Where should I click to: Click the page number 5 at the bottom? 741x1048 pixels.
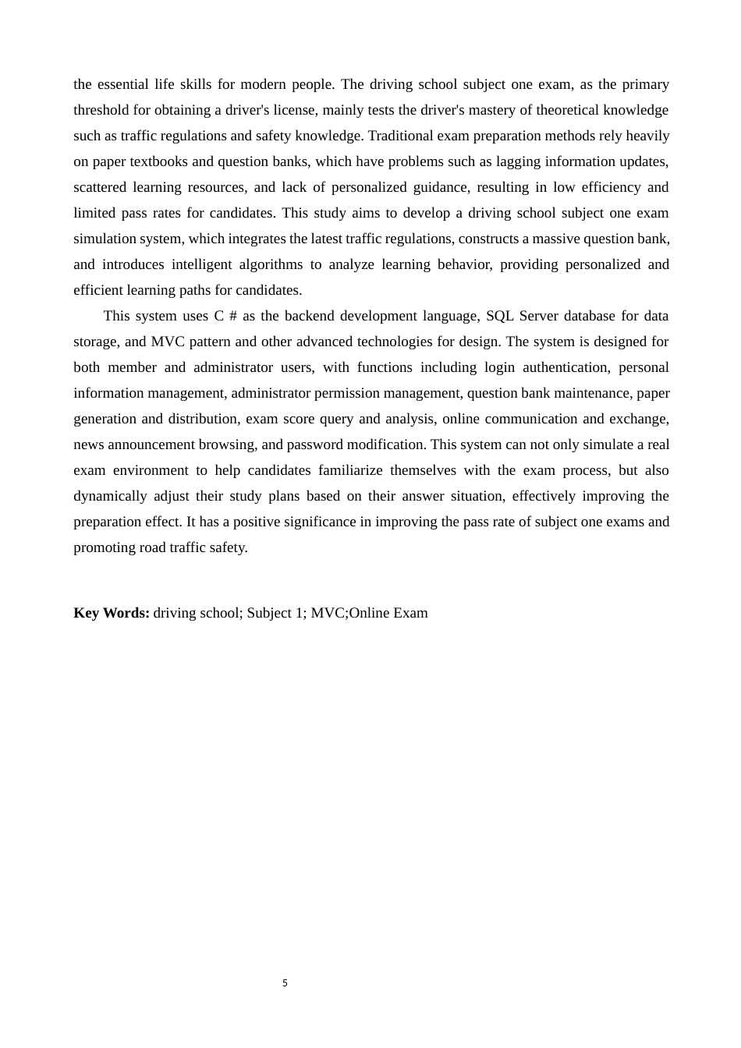(x=285, y=983)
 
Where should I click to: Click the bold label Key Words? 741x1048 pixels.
(x=112, y=613)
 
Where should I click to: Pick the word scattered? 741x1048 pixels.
(x=99, y=187)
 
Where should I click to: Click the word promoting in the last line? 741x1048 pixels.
(x=104, y=547)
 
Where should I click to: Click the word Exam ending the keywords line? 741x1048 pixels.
(x=410, y=613)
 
